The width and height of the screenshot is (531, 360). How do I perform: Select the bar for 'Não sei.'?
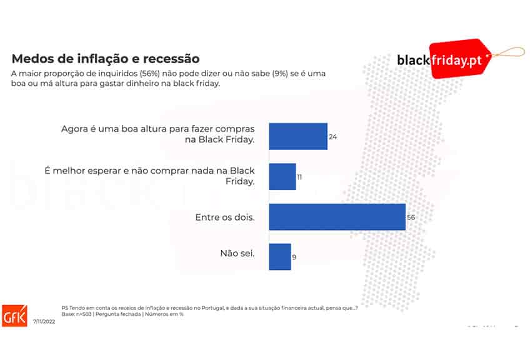(280, 257)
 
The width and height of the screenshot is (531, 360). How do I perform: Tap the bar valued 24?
(298, 136)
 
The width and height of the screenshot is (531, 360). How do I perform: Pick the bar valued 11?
(282, 177)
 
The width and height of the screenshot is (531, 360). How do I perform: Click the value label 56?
(410, 217)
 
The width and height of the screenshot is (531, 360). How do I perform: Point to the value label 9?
(294, 257)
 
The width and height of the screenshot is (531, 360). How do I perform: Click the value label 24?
(333, 136)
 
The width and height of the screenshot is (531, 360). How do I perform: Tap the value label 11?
(300, 177)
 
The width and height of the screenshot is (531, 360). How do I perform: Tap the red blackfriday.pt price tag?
(461, 59)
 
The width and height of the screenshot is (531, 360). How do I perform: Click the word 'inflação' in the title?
(105, 59)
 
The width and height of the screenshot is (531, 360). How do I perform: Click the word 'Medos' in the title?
(32, 59)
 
